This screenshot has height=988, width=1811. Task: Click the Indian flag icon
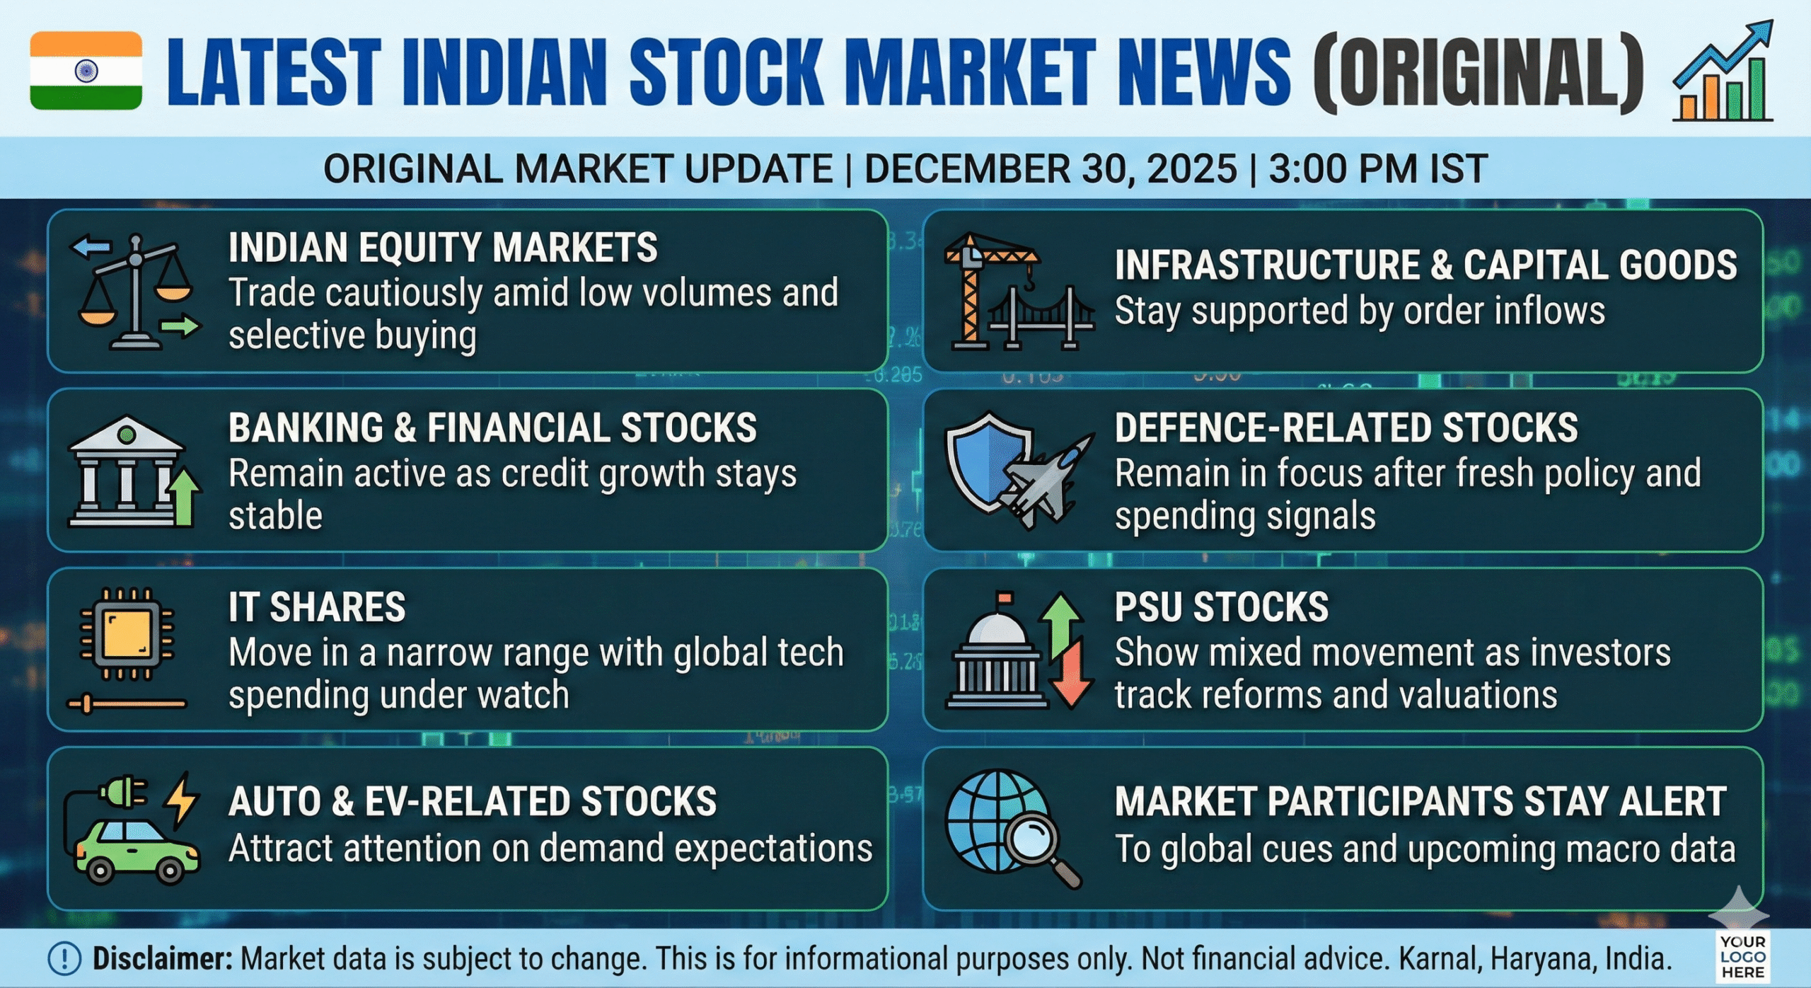tap(86, 71)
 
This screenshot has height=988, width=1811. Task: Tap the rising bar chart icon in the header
tap(1723, 71)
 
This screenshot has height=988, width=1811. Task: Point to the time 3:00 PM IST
tap(1378, 169)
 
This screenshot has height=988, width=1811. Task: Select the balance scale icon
tap(135, 292)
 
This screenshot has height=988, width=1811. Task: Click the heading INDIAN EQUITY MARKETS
tap(443, 248)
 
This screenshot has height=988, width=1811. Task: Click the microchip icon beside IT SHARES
tap(127, 634)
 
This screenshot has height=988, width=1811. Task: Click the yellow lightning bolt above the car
tap(182, 800)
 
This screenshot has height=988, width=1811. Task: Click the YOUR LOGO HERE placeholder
tap(1743, 957)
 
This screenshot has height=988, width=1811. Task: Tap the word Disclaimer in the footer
tap(163, 959)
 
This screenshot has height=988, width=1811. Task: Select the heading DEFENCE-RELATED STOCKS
tap(1346, 427)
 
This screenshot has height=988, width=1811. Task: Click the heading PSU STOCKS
tap(1222, 607)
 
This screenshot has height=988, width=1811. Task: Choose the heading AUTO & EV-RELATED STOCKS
tap(473, 802)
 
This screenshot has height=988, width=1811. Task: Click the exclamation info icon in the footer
tap(64, 959)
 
